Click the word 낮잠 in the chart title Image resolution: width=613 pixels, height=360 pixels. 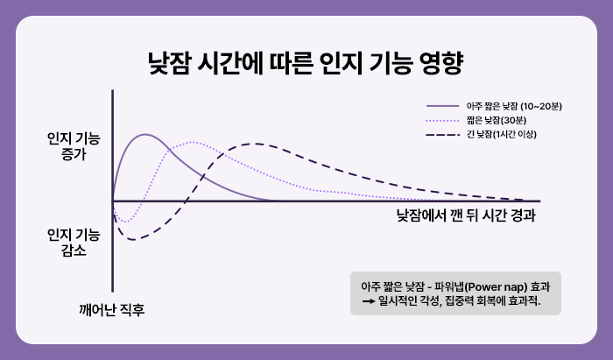click(x=171, y=64)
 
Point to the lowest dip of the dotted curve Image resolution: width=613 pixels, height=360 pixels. click(x=123, y=222)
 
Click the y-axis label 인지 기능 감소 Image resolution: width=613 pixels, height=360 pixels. click(x=74, y=243)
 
